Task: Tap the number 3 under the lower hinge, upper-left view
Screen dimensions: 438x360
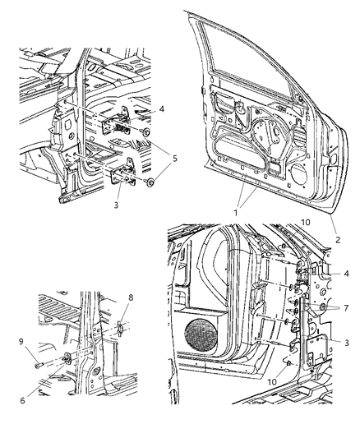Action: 116,205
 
